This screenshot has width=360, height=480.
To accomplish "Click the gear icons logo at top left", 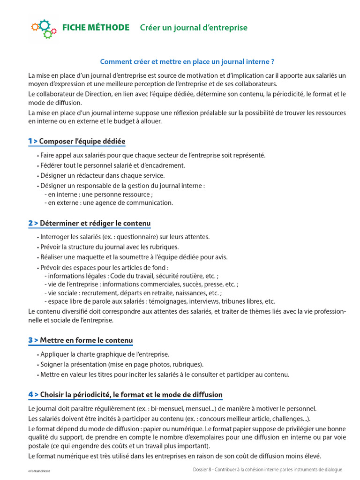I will coord(44,29).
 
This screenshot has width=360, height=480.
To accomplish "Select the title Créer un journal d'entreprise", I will coord(194,28).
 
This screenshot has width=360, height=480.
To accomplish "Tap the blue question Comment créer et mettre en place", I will coord(187,61).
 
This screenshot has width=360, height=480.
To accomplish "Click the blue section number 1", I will coord(30,141).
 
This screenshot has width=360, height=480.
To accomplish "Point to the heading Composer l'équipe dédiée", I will coord(82,141).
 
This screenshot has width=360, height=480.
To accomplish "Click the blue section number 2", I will coord(30,223).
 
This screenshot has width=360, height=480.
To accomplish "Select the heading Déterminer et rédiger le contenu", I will coord(95,223).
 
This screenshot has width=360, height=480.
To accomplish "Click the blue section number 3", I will coord(30,340).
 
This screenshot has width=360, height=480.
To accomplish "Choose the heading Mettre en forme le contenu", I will coord(86,340).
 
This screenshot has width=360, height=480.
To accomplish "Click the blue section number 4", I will coord(30,394).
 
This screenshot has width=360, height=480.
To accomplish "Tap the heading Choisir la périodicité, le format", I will coord(131,394).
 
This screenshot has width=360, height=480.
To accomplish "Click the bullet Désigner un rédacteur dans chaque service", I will coord(102,175).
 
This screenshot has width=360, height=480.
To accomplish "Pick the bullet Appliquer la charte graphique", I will coord(105,354).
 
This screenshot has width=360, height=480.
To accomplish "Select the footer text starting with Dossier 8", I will coord(268,469).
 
